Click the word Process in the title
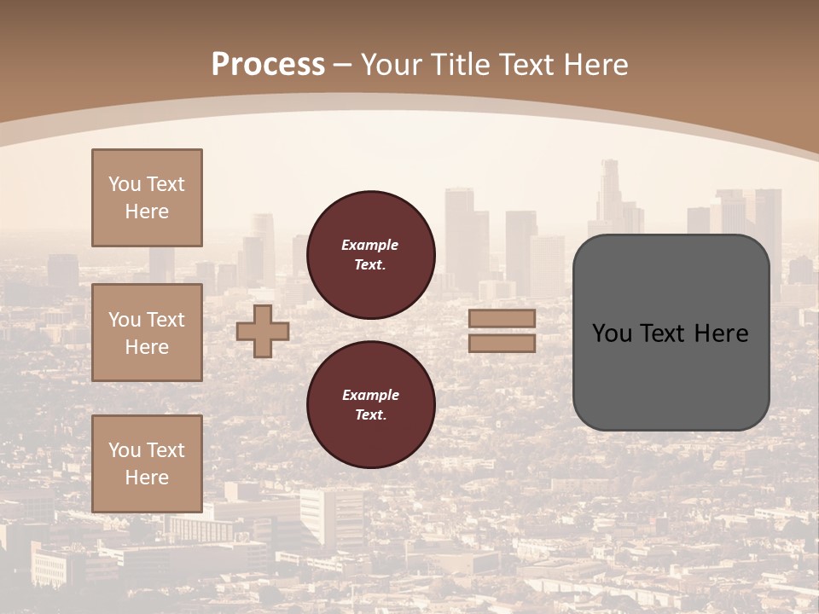(268, 65)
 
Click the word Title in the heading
(461, 65)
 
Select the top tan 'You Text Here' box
(147, 198)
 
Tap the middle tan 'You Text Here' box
(147, 333)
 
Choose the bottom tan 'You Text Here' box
(147, 464)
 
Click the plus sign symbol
(263, 331)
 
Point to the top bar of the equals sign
(502, 319)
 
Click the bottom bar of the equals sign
(502, 343)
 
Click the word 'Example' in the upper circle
(370, 245)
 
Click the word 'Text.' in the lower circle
(370, 415)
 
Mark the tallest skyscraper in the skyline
(609, 192)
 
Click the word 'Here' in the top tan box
(147, 211)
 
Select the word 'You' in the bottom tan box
(125, 450)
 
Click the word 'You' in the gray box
(612, 333)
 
